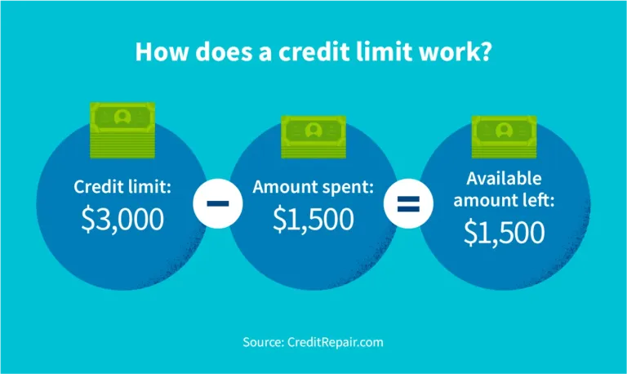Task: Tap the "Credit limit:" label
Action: click(122, 187)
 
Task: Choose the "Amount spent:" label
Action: click(313, 187)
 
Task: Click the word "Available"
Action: click(505, 179)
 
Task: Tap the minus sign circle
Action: click(218, 203)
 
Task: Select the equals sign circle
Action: click(409, 203)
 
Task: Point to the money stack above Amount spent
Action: click(313, 136)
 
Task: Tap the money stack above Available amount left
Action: click(505, 136)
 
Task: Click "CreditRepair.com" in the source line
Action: click(335, 342)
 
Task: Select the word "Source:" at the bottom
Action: click(263, 342)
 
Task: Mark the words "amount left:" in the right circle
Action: click(505, 200)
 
